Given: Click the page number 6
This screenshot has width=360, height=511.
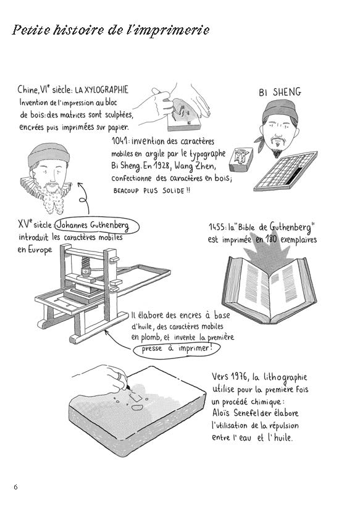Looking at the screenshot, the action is tap(15, 487).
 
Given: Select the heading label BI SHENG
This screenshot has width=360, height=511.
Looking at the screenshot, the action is tap(280, 92).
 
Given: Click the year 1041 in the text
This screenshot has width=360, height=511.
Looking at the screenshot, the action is tap(120, 141).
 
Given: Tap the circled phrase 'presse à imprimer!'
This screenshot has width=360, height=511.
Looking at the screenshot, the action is tap(177, 349).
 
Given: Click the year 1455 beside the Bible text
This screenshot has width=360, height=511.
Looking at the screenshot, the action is tap(217, 227).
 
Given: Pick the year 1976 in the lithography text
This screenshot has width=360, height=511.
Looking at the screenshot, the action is tap(239, 377).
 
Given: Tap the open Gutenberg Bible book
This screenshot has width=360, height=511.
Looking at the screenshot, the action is tap(269, 289).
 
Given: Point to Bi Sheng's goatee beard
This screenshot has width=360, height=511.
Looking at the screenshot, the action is tap(277, 152).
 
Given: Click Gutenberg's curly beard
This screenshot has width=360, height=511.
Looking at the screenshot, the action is tap(52, 198).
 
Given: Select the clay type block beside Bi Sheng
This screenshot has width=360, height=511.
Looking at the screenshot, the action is tap(240, 159).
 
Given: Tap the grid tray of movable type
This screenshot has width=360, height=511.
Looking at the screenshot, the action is tap(285, 171).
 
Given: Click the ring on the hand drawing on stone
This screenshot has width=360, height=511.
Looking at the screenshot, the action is tap(120, 376).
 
